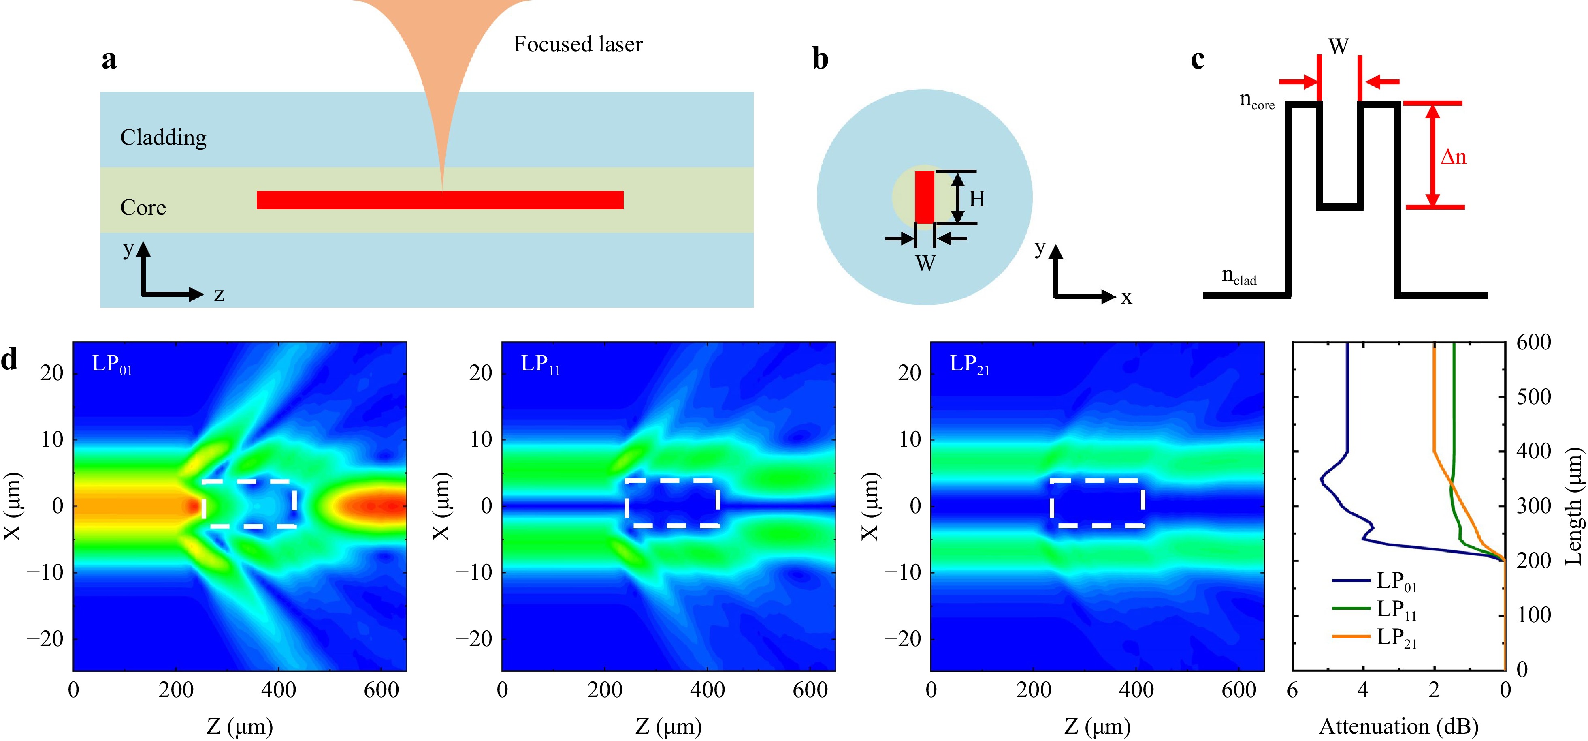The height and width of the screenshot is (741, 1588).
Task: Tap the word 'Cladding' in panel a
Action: pyautogui.click(x=163, y=137)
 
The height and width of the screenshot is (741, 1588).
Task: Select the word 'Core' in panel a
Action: pyautogui.click(x=143, y=207)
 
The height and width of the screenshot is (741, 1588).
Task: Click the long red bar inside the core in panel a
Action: pyautogui.click(x=440, y=200)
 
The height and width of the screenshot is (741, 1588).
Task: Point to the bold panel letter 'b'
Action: pyautogui.click(x=820, y=59)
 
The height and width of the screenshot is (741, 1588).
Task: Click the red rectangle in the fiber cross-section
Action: pyautogui.click(x=924, y=197)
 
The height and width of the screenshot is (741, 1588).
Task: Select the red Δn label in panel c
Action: pyautogui.click(x=1453, y=157)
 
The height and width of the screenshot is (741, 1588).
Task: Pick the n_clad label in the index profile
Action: pyautogui.click(x=1239, y=276)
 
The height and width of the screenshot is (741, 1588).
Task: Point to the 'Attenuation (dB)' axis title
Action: pyautogui.click(x=1399, y=727)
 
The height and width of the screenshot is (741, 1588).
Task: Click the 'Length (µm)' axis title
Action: pyautogui.click(x=1574, y=506)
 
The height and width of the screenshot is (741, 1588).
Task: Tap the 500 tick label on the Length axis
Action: pyautogui.click(x=1534, y=397)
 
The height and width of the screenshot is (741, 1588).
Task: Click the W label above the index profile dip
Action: pyautogui.click(x=1339, y=46)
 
